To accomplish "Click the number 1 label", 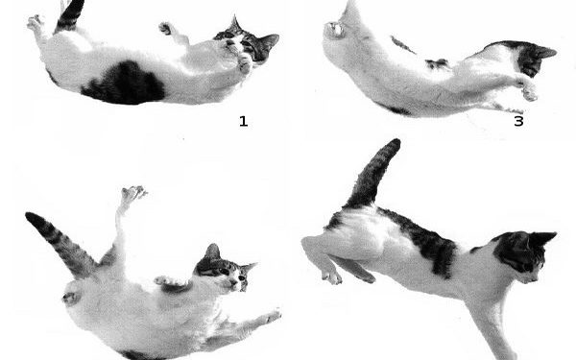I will (x=243, y=122).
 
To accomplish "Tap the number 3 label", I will (x=518, y=122).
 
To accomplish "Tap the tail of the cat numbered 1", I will (x=70, y=14).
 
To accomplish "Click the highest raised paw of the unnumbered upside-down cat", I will (x=133, y=194).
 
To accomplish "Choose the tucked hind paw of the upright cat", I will (x=331, y=277).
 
